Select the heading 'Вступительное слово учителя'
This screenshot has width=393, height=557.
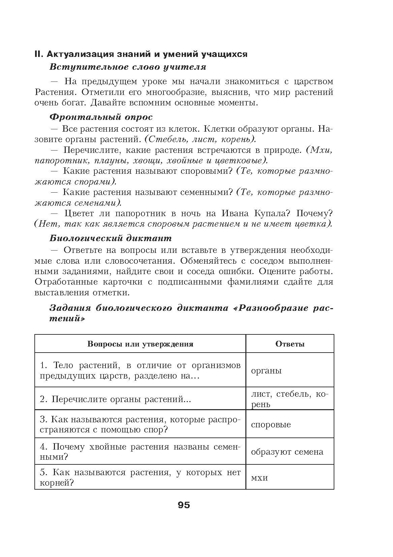[x=127, y=67]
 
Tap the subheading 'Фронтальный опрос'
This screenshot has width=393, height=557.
[x=101, y=117]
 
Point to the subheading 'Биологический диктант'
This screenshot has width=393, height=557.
[x=110, y=238]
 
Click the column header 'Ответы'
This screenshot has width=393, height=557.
[x=290, y=344]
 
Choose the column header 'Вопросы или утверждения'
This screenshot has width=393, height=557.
[x=140, y=344]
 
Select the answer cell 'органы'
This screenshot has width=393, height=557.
[x=266, y=371]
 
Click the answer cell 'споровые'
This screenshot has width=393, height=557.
[x=271, y=425]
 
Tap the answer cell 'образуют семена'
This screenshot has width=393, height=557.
[x=287, y=452]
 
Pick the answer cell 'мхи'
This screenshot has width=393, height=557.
[x=259, y=478]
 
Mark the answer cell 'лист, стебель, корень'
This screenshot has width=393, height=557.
[x=289, y=399]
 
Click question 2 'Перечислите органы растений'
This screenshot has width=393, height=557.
[x=115, y=399]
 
